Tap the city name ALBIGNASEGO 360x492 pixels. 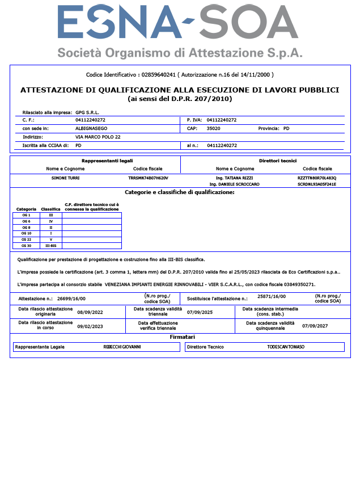(x=92, y=128)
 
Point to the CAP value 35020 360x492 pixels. (x=214, y=128)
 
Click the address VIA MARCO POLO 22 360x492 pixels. (x=98, y=137)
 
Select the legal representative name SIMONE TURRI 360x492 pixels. (x=65, y=178)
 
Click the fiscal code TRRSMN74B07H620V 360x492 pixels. (x=148, y=178)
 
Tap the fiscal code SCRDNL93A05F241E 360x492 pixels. (x=316, y=184)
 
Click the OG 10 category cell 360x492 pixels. (x=26, y=233)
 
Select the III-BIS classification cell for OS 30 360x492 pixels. (x=51, y=246)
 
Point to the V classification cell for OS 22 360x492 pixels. (x=51, y=239)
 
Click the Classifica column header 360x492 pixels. (x=51, y=209)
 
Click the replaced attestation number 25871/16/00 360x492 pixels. (x=272, y=296)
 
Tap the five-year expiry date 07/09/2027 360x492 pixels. (x=317, y=326)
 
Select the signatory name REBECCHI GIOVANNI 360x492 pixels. (x=122, y=347)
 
